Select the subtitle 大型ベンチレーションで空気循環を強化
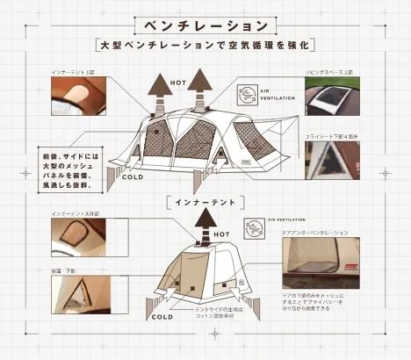[x=205, y=43]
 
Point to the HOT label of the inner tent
[x=221, y=234]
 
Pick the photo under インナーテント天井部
[x=77, y=237]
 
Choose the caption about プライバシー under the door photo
[x=326, y=302]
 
